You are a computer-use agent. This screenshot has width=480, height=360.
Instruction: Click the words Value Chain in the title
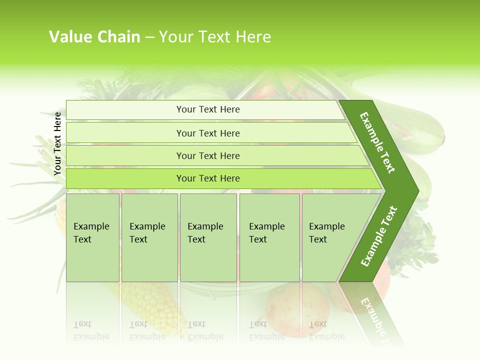[x=94, y=37]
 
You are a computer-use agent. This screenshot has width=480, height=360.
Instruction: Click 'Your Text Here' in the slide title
[x=215, y=37]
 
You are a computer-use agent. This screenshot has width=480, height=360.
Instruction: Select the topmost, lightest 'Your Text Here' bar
[x=207, y=109]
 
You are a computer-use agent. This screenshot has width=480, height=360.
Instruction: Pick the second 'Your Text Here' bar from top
[x=207, y=133]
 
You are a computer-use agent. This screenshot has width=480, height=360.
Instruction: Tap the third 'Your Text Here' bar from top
[x=207, y=155]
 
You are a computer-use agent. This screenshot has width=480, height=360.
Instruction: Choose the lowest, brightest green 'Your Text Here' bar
[x=207, y=178]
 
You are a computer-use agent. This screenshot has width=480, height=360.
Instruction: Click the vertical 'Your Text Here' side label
[x=57, y=143]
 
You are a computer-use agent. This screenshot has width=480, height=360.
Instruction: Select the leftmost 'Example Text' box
[x=92, y=237]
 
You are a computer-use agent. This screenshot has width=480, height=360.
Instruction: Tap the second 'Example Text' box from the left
[x=149, y=237]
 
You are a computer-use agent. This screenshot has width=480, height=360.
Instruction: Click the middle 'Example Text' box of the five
[x=208, y=237]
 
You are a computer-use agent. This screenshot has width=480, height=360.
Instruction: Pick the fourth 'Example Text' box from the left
[x=269, y=237]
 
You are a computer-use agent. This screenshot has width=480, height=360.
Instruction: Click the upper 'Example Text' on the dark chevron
[x=377, y=142]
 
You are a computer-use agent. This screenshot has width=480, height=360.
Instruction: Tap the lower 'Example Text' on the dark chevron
[x=379, y=236]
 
